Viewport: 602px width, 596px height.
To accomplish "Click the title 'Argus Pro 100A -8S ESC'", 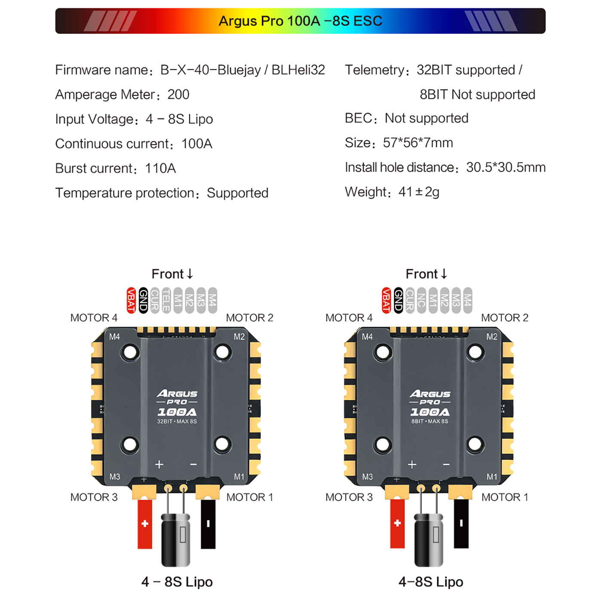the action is point(300,21).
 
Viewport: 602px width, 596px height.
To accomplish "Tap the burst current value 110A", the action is point(160,168).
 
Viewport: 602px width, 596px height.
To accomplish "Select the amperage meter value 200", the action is point(178,94).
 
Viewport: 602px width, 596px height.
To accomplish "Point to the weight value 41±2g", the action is point(419,192).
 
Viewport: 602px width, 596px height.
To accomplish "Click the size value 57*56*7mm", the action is point(418,142).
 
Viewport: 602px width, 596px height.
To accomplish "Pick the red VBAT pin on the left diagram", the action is point(131,300).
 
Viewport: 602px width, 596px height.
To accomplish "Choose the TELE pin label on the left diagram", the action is point(166,300).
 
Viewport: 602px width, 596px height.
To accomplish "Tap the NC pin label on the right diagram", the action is point(421,300).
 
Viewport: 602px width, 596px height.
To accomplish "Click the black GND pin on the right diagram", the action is point(398,300).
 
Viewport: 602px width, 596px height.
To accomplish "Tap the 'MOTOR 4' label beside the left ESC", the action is point(94,318).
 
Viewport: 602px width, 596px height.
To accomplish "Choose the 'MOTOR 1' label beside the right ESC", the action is point(505,497).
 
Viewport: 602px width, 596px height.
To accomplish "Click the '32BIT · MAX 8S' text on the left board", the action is point(177,421).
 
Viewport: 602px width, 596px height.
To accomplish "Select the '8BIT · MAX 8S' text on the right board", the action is point(430,421).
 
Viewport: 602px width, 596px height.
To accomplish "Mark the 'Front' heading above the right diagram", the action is point(422,274).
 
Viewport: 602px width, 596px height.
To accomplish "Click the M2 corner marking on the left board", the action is point(240,337).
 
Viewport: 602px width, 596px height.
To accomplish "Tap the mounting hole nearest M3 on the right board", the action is point(383,444).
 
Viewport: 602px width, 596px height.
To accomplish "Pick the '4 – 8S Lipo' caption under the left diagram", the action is point(177,582).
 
